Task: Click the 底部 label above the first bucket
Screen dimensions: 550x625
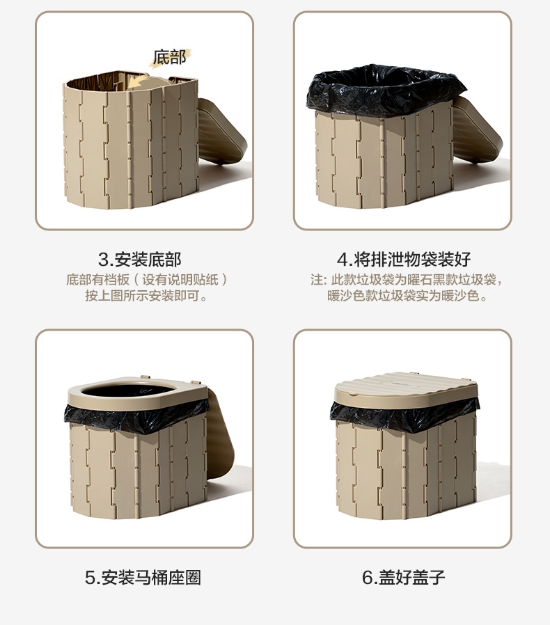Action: pos(170,57)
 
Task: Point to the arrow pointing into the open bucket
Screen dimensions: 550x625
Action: pos(141,81)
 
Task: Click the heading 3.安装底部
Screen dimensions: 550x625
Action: pos(140,260)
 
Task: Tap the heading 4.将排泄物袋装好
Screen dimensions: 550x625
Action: pos(404,260)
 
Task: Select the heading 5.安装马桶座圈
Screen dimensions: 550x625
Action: pos(143,578)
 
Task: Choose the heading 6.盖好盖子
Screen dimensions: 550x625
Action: pos(403,577)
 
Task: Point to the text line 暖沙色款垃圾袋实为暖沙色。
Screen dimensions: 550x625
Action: pos(407,296)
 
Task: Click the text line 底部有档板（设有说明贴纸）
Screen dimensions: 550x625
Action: pos(146,279)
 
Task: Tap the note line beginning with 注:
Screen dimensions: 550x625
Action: pos(407,279)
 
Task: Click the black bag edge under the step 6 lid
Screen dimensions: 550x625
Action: pos(404,414)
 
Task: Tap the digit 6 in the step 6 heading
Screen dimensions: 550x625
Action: pos(368,578)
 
